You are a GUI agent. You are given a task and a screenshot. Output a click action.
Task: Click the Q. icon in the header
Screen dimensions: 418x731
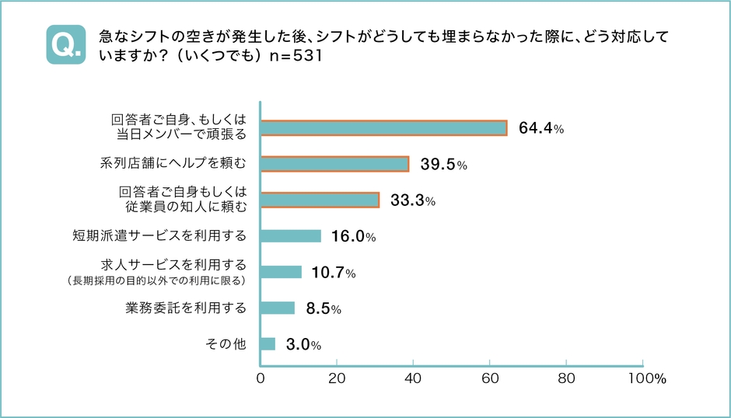pyautogui.click(x=66, y=45)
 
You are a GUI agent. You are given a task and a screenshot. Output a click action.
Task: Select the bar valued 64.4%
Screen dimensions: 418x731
pyautogui.click(x=383, y=128)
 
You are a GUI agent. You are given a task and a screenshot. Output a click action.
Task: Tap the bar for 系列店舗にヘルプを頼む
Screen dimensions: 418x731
pyautogui.click(x=334, y=164)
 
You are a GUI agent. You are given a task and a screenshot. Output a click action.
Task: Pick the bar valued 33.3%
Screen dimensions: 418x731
pyautogui.click(x=320, y=200)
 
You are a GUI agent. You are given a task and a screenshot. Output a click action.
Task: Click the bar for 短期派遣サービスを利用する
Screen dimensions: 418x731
pyautogui.click(x=291, y=236)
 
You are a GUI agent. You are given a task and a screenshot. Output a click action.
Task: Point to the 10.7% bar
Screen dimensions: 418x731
pyautogui.click(x=281, y=272)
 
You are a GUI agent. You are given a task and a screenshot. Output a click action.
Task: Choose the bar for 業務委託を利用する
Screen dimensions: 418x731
pyautogui.click(x=277, y=308)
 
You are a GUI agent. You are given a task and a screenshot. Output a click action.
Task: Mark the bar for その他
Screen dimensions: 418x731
pyautogui.click(x=268, y=343)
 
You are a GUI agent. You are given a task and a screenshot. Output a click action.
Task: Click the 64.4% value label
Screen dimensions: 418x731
pyautogui.click(x=540, y=129)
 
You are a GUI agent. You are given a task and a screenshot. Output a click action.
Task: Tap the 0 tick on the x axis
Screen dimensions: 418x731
pyautogui.click(x=261, y=379)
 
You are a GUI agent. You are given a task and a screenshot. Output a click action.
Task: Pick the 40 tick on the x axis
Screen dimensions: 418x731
pyautogui.click(x=413, y=379)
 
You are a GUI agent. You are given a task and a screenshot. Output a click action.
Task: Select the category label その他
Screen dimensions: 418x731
pyautogui.click(x=226, y=343)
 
